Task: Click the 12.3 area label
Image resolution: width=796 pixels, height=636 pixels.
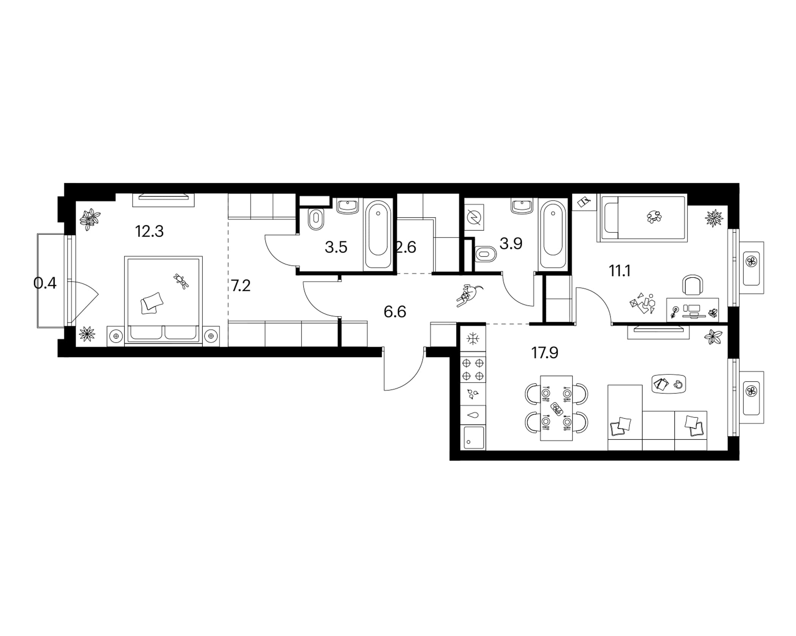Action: [149, 231]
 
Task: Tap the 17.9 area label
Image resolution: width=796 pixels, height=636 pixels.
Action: [545, 353]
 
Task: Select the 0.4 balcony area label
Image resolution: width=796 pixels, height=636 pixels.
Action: [45, 283]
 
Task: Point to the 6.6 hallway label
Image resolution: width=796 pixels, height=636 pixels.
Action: [395, 312]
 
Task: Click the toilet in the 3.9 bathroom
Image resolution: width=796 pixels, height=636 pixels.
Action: [485, 254]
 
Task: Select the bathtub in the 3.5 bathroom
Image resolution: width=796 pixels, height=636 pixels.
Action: [378, 235]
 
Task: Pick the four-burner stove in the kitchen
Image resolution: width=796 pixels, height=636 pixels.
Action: [473, 370]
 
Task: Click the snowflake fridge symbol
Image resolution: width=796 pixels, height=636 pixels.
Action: [473, 339]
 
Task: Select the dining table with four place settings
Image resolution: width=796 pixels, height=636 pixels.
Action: [556, 408]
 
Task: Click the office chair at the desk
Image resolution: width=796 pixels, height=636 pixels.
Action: [693, 285]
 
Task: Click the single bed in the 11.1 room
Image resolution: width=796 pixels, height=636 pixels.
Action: [642, 218]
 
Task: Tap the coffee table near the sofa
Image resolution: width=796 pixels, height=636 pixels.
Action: [669, 384]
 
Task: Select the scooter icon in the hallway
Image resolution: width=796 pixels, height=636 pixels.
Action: [469, 295]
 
